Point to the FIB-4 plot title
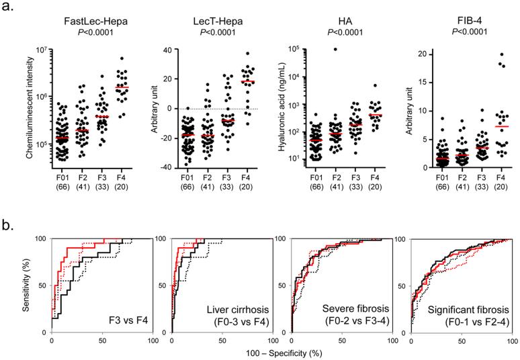[x=461, y=21]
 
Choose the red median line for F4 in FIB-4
[x=483, y=126]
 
